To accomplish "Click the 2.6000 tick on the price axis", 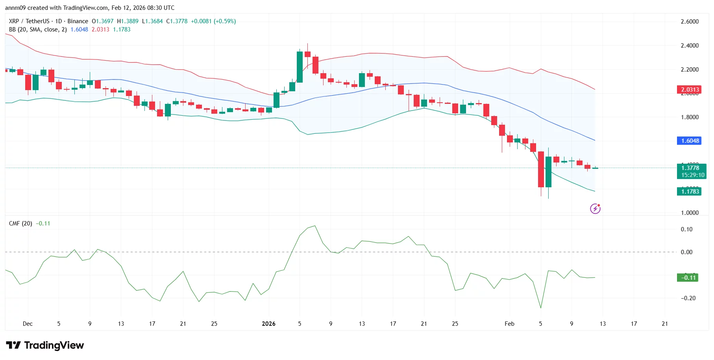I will point(690,22).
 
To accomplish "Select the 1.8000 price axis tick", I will point(690,117).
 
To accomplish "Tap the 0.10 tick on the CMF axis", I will point(686,229).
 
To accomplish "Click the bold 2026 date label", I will point(268,324).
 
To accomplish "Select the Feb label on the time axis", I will point(509,324).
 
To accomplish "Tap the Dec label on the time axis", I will point(28,324).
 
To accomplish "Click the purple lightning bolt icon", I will point(595,209).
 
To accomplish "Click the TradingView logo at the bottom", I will point(45,345).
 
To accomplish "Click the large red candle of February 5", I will point(541,169).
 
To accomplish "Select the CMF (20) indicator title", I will point(20,223).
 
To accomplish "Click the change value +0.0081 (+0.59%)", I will point(213,21).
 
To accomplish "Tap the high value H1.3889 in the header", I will point(128,21).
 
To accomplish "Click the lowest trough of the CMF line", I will point(541,308).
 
